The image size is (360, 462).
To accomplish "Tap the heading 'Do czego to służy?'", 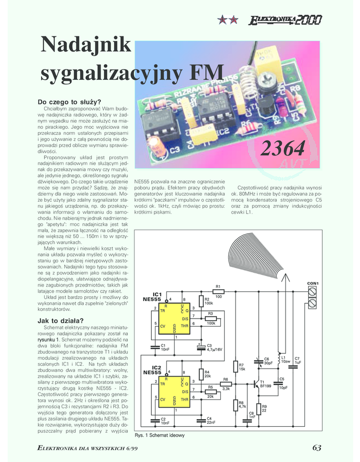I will [69, 102].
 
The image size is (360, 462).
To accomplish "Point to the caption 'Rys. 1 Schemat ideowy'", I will [159, 435].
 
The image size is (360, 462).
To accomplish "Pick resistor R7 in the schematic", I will [235, 366].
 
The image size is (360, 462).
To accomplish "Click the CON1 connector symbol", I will [313, 296].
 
